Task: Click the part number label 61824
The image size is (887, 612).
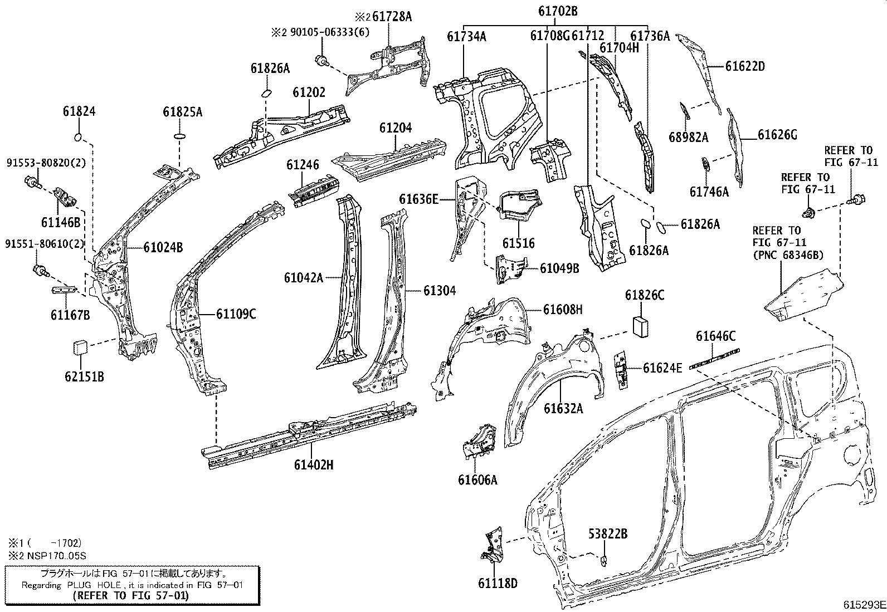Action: tap(79, 111)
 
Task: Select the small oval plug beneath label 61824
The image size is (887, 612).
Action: tap(79, 137)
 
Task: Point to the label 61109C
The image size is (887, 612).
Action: tap(236, 315)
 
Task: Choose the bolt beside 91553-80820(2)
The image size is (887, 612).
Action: tap(32, 180)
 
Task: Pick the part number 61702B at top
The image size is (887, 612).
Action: tap(558, 11)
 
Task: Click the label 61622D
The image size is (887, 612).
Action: tap(745, 66)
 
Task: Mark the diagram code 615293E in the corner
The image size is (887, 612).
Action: tap(863, 605)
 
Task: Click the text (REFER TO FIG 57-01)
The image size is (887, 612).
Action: tap(131, 595)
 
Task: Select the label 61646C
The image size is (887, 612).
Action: tap(715, 336)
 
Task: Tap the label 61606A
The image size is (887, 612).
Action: tap(477, 479)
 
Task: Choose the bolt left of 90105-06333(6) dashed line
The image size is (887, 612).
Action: tap(321, 60)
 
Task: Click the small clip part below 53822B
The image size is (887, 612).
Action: tap(605, 559)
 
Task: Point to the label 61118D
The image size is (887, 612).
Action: tap(498, 584)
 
